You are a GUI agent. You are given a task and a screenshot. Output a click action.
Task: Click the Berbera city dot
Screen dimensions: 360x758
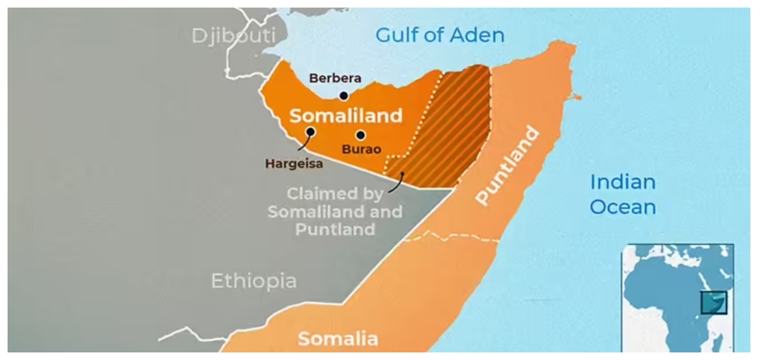[344, 96]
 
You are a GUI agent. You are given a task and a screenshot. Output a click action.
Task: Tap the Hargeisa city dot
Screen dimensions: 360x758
[311, 132]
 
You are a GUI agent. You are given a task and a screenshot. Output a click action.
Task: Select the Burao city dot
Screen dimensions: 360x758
[361, 135]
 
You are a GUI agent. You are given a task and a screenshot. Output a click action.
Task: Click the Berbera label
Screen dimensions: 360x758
[335, 78]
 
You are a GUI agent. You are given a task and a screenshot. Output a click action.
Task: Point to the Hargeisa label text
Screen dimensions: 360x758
[294, 164]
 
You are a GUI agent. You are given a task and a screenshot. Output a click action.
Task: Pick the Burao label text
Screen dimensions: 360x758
[361, 150]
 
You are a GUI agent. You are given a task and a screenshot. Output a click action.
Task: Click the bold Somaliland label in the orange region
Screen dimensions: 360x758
[346, 116]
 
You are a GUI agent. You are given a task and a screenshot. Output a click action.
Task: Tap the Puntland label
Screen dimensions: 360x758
[507, 165]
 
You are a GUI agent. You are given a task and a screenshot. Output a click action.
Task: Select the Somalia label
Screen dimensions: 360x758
[337, 339]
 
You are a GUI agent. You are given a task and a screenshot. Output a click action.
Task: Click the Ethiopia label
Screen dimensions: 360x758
[253, 281]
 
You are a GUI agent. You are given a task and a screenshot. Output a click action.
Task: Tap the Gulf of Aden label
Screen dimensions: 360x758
[440, 35]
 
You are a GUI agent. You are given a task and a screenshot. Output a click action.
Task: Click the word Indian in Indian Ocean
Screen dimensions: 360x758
[622, 183]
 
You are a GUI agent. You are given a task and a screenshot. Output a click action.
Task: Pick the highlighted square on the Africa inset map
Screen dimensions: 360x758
[714, 302]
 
